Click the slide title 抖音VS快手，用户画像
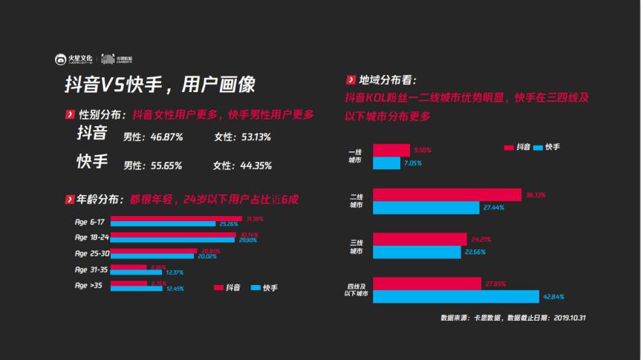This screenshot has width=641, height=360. click(x=159, y=85)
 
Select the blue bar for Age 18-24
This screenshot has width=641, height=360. click(x=172, y=240)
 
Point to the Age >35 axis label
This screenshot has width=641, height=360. click(x=88, y=285)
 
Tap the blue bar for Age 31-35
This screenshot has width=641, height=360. click(x=137, y=272)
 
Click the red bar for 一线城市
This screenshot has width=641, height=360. click(x=391, y=150)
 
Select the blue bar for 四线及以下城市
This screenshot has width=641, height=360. click(x=456, y=297)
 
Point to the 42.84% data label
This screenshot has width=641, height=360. click(x=553, y=297)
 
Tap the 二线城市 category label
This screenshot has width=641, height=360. click(x=357, y=201)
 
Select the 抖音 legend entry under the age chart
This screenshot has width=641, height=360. click(x=227, y=287)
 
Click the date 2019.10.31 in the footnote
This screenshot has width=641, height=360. click(x=570, y=318)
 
